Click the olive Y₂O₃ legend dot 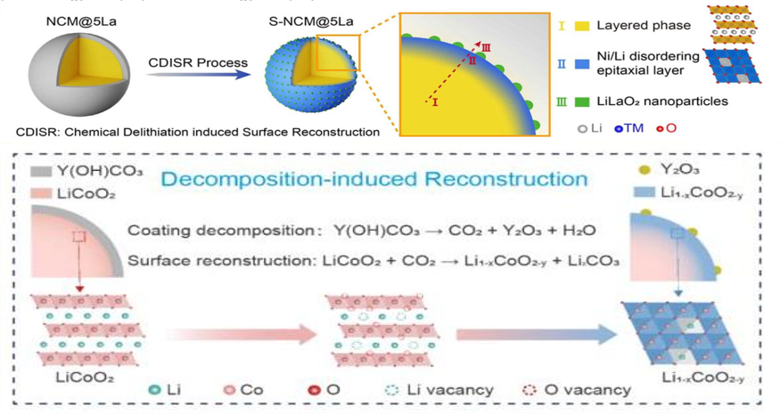click(x=645, y=169)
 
